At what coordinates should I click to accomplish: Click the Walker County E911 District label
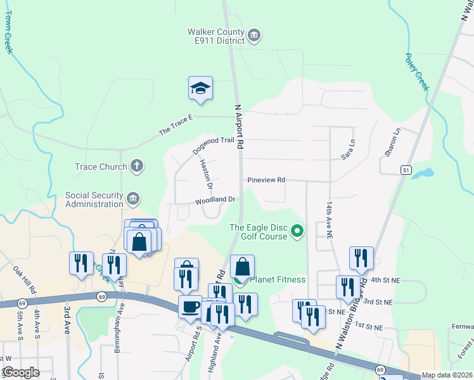[216, 36]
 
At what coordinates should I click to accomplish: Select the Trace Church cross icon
[136, 167]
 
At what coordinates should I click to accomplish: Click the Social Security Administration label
[94, 199]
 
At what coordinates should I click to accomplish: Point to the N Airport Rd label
[239, 127]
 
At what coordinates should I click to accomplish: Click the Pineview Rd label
[266, 180]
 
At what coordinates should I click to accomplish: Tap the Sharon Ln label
[393, 143]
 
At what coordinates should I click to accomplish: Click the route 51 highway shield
[406, 170]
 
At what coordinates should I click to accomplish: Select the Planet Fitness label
[278, 279]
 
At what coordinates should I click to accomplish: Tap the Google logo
[20, 372]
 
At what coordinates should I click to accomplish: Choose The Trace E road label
[175, 129]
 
